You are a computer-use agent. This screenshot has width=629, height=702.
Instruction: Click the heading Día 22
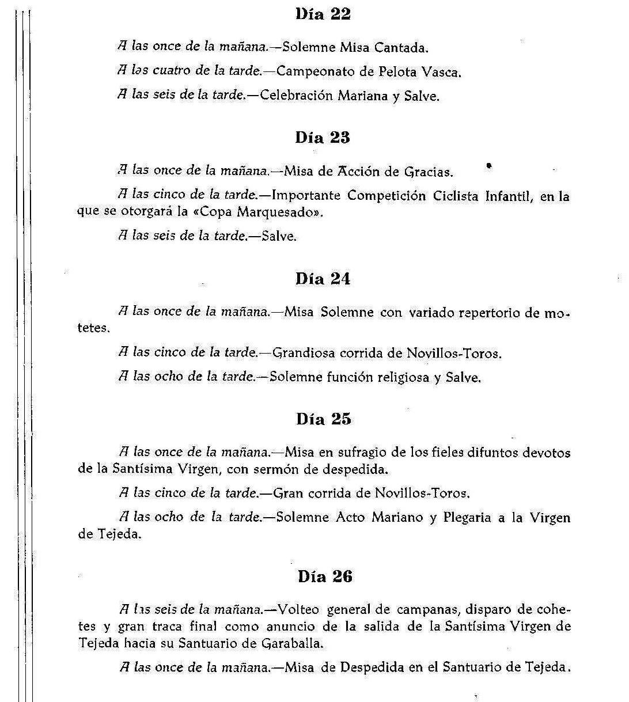(323, 14)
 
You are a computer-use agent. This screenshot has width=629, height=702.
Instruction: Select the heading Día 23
(323, 138)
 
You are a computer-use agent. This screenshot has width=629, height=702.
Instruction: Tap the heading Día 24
(323, 279)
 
